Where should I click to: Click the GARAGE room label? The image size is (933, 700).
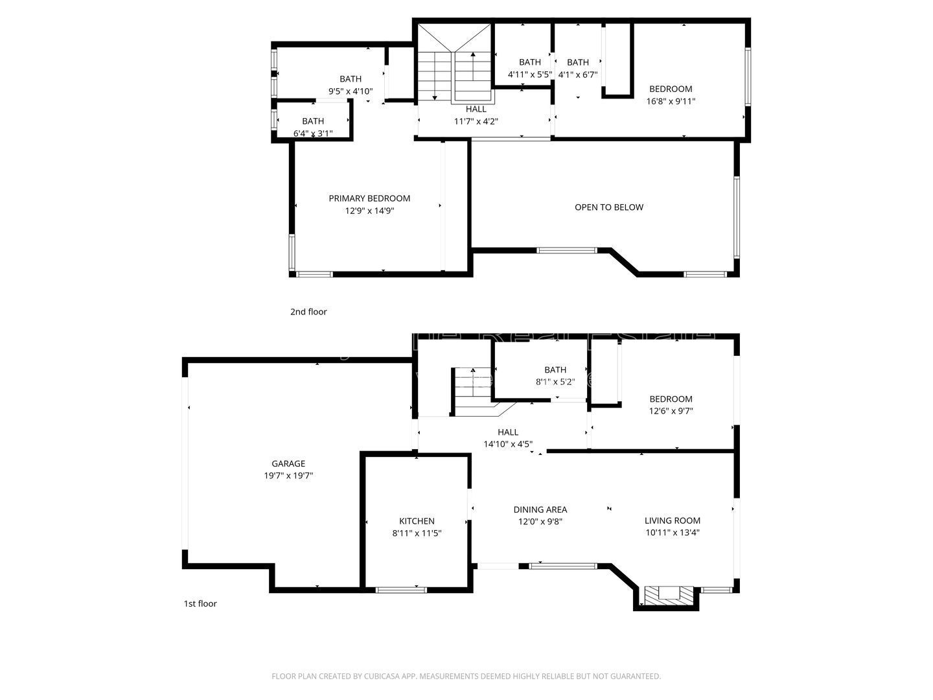288,463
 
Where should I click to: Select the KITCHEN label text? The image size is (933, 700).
417,521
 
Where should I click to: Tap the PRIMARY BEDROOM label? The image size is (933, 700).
369,198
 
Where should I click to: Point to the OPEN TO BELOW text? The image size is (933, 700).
609,207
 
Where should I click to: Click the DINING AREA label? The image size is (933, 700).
540,509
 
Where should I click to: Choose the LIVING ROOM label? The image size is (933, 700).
672,520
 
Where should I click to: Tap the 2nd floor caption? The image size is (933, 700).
308,312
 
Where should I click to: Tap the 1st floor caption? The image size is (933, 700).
200,603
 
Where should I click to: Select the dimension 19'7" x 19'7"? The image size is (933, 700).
288,476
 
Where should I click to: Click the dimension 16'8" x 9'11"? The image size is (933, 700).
671,101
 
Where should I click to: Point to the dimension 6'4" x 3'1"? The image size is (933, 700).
313,134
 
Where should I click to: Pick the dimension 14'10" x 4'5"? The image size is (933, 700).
508,444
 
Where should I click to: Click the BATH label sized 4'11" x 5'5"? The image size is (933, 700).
529,62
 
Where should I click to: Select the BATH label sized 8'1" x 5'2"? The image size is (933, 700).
555,370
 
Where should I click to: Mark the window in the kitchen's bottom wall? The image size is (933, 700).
402,590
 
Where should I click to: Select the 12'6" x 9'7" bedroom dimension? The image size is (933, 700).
671,411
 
